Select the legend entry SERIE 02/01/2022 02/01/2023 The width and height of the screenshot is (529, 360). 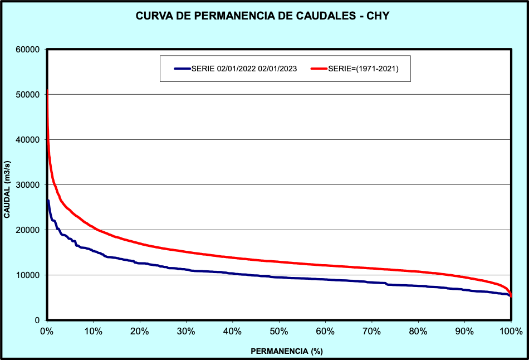click(x=243, y=69)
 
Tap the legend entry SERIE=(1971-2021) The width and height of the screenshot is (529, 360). click(x=362, y=69)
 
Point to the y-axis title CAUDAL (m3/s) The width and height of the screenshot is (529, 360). click(x=7, y=185)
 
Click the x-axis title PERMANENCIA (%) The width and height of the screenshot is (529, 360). click(x=287, y=351)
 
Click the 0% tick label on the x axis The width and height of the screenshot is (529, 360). click(x=47, y=332)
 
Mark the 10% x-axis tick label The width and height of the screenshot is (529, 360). click(x=94, y=332)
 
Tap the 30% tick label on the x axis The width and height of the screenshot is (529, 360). click(x=186, y=332)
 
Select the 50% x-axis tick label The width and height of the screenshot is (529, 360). click(x=279, y=332)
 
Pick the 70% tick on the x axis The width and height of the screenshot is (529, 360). click(x=371, y=332)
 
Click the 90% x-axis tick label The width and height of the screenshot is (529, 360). click(x=464, y=332)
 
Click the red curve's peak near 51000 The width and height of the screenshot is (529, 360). click(x=47, y=90)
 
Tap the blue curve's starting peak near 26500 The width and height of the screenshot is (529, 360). click(x=48, y=201)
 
